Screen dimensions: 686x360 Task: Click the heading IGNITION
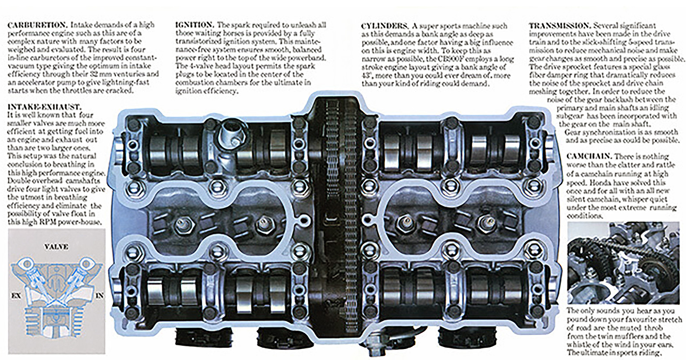tap(195, 25)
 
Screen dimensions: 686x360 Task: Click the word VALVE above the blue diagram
tap(56, 247)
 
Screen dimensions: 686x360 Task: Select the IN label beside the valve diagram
tap(100, 296)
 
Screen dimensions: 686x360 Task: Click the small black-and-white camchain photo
tap(625, 263)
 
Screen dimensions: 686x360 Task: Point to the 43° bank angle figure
tap(367, 76)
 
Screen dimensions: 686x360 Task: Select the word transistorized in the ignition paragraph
tap(197, 42)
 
